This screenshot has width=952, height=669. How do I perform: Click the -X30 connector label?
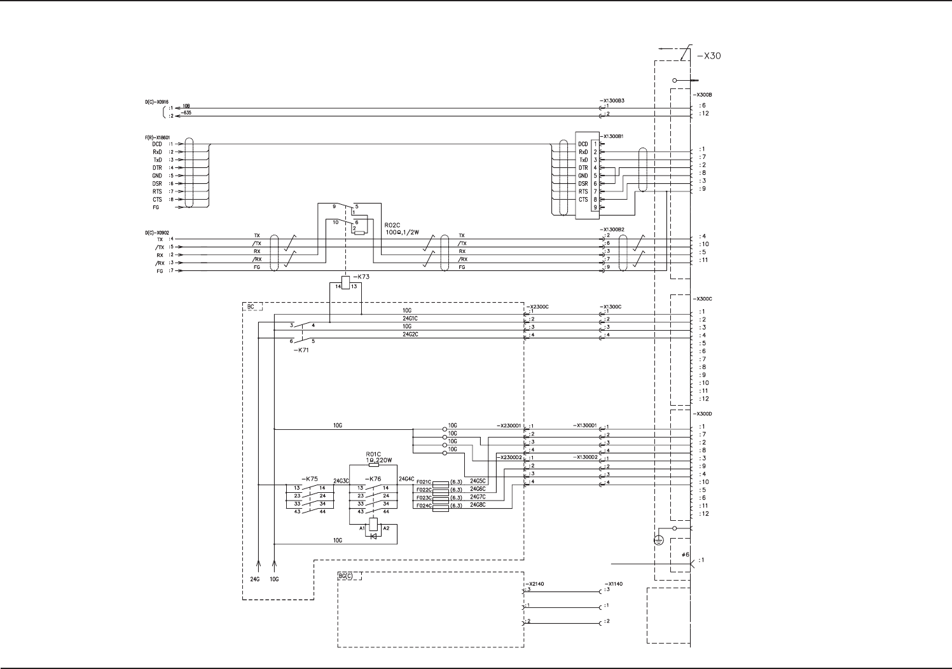coord(708,56)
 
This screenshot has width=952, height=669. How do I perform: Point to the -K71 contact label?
coord(301,350)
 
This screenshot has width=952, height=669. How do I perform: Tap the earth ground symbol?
coord(659,540)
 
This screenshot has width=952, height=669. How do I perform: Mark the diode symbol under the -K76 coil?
coord(373,535)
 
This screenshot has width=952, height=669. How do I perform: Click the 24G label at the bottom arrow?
coord(254,579)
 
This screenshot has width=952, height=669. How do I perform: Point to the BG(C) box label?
coord(349,576)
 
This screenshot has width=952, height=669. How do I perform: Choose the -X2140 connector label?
coord(535,583)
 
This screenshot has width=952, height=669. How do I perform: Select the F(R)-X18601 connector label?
coord(157,137)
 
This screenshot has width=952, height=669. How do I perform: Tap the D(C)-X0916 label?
coord(156,100)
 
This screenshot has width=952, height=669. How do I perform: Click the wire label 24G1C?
coord(410,318)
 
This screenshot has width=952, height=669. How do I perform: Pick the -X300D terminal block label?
coord(703,414)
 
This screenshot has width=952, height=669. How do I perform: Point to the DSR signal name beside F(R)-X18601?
coord(157,184)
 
